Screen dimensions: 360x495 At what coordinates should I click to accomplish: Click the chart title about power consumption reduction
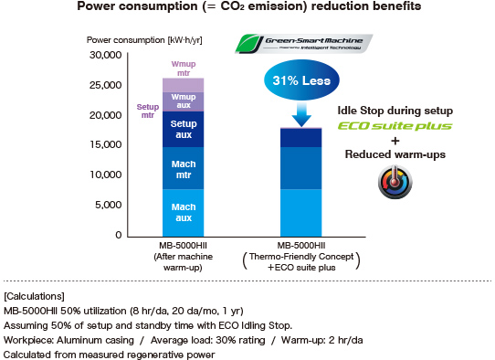(248, 8)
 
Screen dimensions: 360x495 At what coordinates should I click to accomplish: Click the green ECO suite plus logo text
(395, 125)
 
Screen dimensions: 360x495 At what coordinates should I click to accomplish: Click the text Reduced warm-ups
(395, 154)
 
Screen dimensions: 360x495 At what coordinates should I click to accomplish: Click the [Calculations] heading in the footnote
(34, 297)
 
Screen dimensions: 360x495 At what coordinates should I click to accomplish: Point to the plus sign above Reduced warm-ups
(395, 141)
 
